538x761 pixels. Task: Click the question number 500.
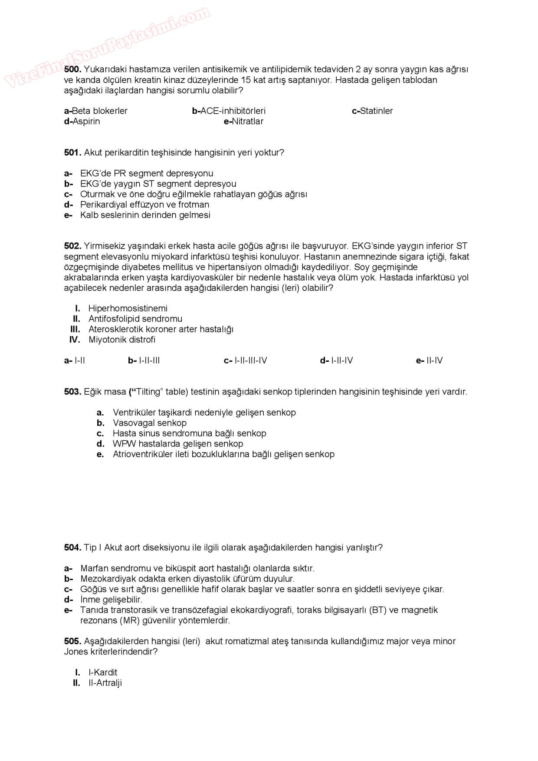[x=72, y=69]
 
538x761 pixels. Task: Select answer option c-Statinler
[x=372, y=111]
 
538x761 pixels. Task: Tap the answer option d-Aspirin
[x=82, y=121]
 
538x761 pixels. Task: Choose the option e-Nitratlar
[x=243, y=121]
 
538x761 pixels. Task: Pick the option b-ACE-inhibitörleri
[x=229, y=111]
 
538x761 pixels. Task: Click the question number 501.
[x=72, y=153]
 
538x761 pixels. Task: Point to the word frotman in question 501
[x=194, y=205]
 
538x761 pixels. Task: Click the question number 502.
[x=72, y=246]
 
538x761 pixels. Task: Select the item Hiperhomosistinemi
[x=128, y=308]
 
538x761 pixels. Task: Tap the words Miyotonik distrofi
[x=121, y=340]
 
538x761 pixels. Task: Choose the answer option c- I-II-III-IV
[x=246, y=361]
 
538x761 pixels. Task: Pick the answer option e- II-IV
[x=429, y=361]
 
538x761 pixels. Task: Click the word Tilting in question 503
[x=148, y=392]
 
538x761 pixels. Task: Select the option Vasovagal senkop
[x=149, y=423]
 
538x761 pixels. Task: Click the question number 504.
[x=72, y=548]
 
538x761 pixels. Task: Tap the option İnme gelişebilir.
[x=111, y=600]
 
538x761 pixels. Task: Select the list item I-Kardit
[x=103, y=672]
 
